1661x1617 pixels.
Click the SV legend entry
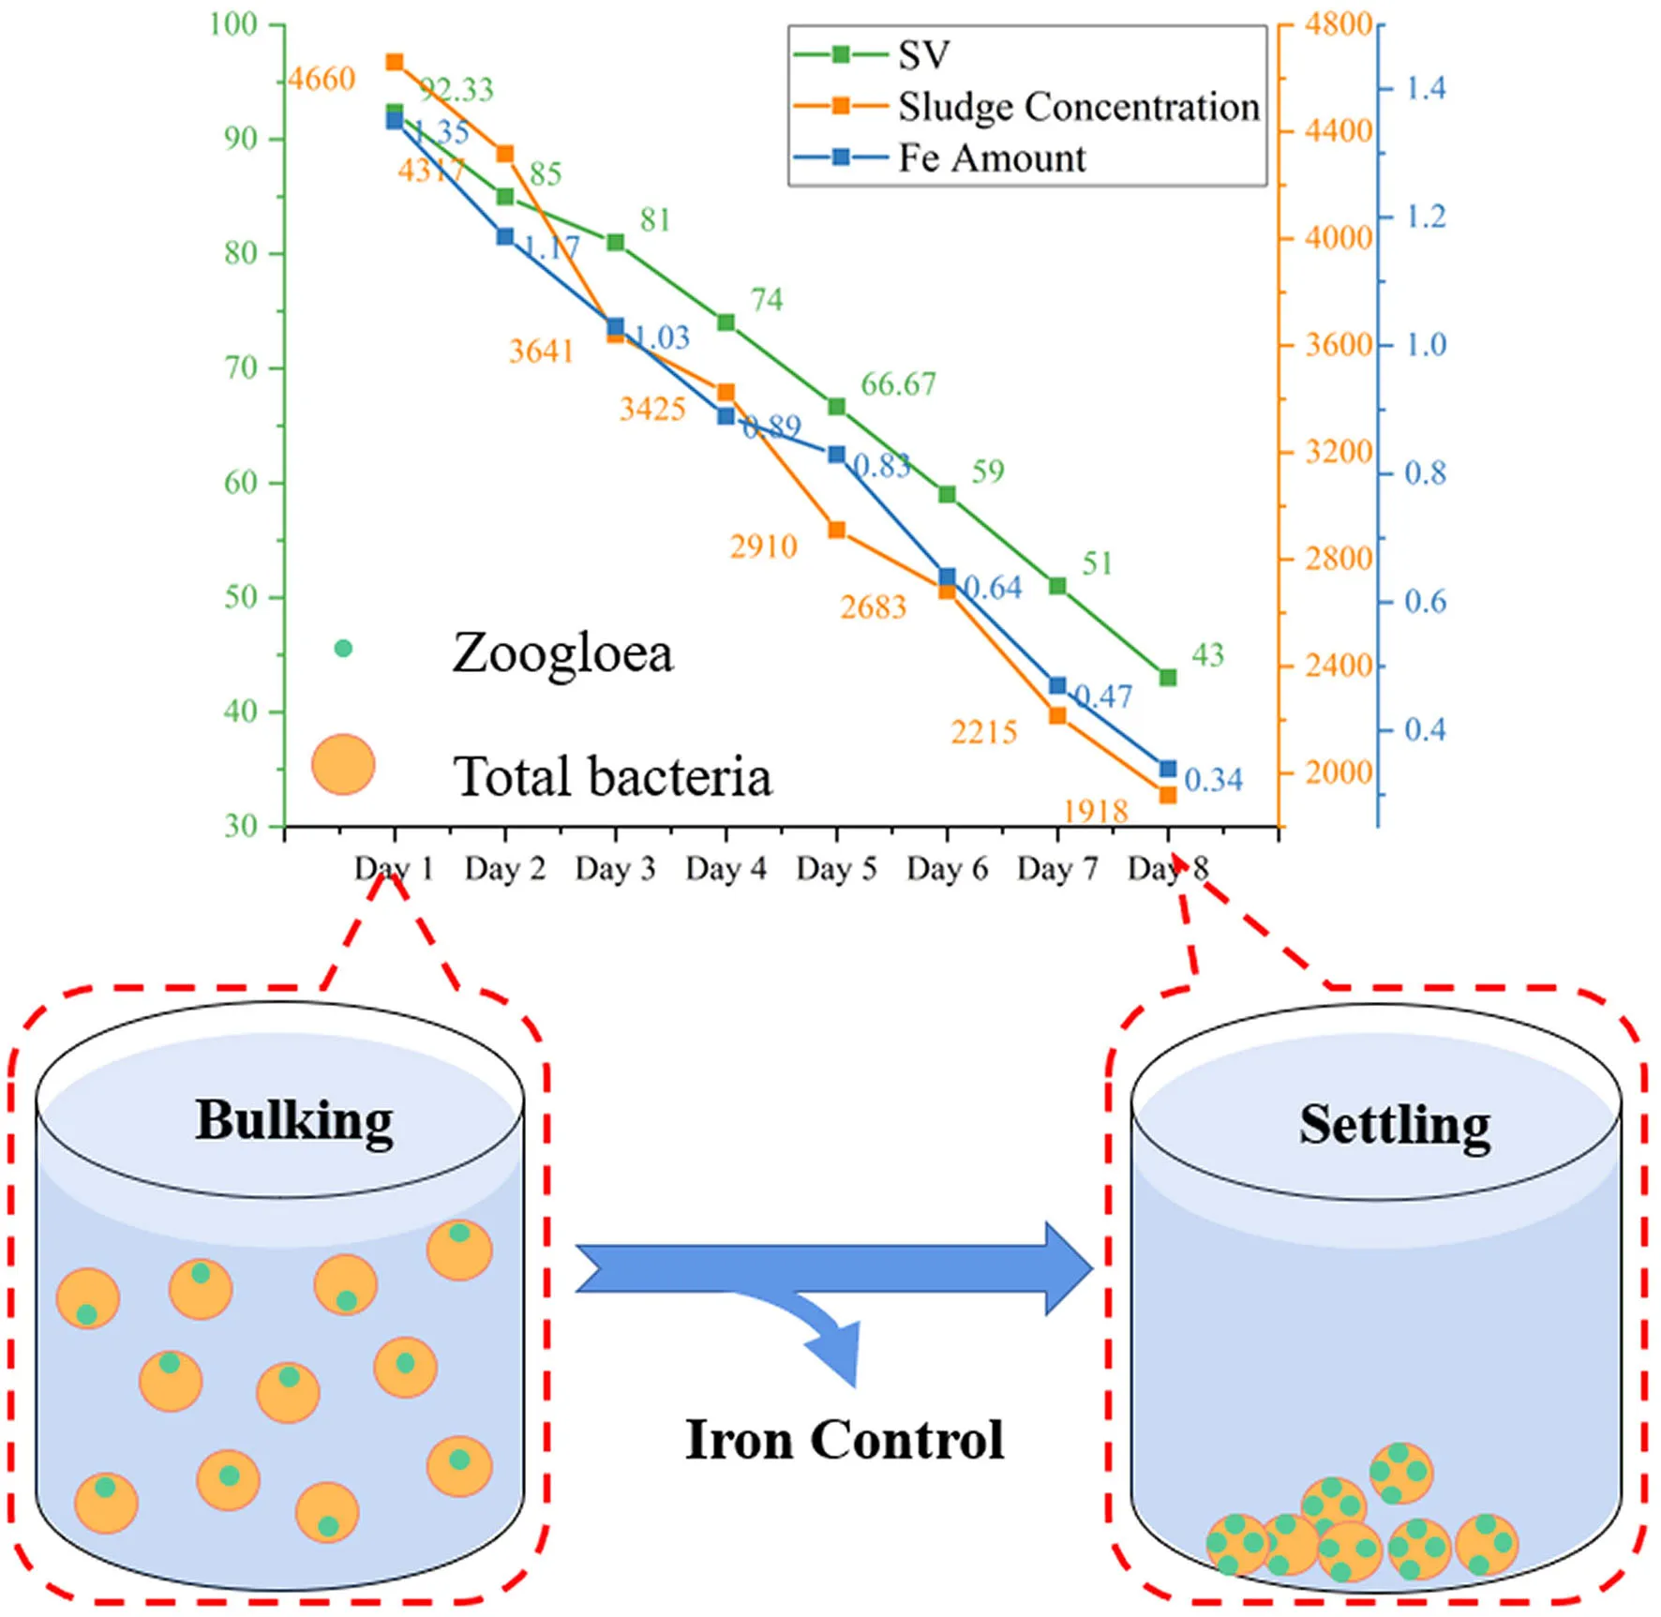click(x=872, y=55)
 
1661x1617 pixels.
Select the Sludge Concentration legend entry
click(x=1026, y=107)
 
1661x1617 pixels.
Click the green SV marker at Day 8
click(x=1168, y=677)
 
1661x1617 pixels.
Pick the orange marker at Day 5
click(x=837, y=531)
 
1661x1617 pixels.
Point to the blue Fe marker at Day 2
click(x=505, y=237)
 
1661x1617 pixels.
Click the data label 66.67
click(x=898, y=383)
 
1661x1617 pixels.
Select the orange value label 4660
click(x=322, y=79)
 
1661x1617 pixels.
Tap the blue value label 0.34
click(x=1213, y=780)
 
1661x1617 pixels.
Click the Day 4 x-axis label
click(x=726, y=869)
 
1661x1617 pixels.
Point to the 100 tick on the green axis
click(x=232, y=23)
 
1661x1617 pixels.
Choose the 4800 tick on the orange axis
click(x=1339, y=23)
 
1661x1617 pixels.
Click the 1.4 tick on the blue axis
click(x=1426, y=88)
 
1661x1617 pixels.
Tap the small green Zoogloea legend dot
click(x=343, y=648)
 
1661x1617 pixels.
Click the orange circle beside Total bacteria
click(x=343, y=764)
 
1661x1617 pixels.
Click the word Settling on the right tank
click(x=1395, y=1126)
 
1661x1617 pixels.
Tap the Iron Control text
click(x=845, y=1440)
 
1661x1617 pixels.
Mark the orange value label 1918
click(x=1097, y=810)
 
